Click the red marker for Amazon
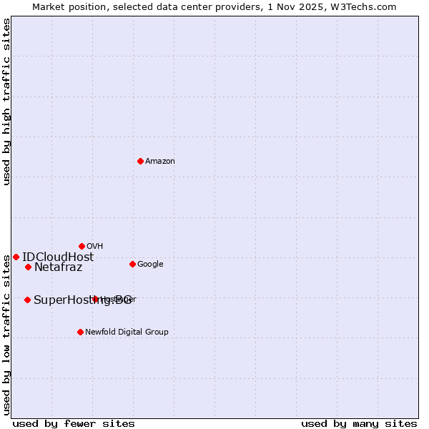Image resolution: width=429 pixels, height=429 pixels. [x=140, y=161]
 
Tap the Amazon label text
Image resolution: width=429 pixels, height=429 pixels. [x=160, y=162]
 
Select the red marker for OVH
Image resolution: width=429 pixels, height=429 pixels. [x=82, y=246]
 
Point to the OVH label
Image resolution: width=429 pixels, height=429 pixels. [x=95, y=247]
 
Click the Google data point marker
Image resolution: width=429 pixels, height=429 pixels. [x=132, y=264]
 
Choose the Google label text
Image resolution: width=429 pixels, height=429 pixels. [x=150, y=265]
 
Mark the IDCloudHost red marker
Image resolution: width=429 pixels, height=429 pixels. [x=16, y=257]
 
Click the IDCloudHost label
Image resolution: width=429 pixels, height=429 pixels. [x=58, y=257]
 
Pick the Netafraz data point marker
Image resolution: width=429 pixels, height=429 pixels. [x=28, y=267]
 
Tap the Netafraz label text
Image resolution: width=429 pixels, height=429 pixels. [x=59, y=267]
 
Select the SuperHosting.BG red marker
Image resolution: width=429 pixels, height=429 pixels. [x=27, y=300]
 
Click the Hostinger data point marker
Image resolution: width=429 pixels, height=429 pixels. [x=95, y=299]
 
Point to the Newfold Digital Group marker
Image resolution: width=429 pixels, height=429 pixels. [x=80, y=332]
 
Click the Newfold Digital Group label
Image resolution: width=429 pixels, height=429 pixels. [x=127, y=332]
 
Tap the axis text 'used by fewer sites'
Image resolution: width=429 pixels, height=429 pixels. [x=74, y=423]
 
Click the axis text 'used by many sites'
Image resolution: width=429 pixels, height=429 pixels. [x=359, y=423]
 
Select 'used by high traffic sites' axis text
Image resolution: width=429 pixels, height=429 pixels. [x=6, y=102]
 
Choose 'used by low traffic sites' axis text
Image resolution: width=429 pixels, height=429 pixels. [x=6, y=335]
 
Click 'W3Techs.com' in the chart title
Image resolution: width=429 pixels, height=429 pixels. [x=366, y=6]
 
